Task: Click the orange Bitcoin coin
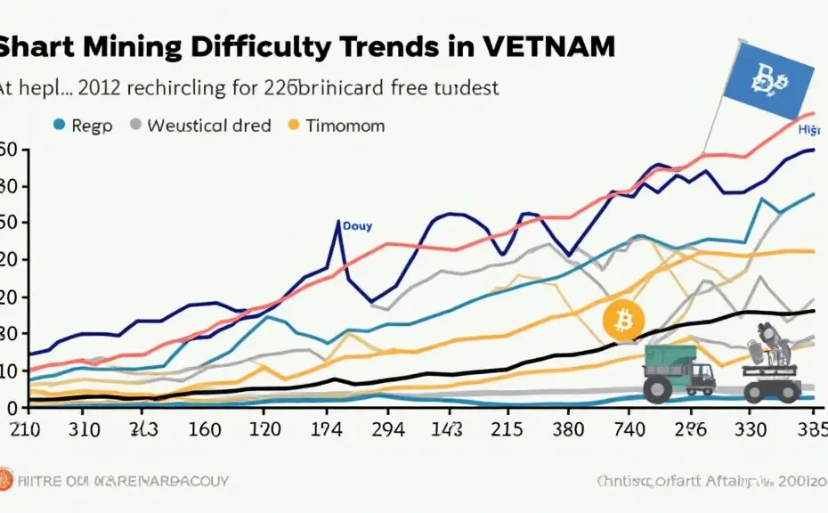(x=621, y=319)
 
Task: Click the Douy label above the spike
(x=357, y=226)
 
